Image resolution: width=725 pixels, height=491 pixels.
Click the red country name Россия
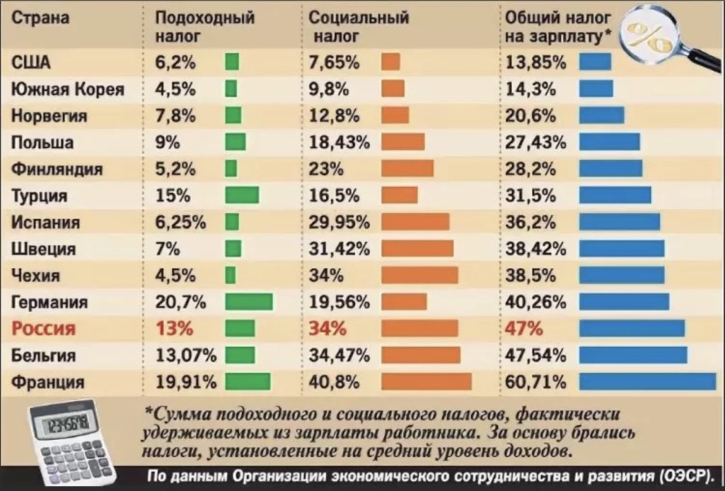[x=44, y=329]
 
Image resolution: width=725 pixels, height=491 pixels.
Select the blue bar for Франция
[x=647, y=381]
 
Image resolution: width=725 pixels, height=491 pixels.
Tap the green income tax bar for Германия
[x=249, y=301]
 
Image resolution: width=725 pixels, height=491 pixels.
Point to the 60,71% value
[x=535, y=382]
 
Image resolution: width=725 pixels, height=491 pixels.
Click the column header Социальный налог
[x=358, y=26]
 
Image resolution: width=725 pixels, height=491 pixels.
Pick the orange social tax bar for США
[x=390, y=62]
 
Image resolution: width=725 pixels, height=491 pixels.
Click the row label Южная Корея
[x=67, y=90]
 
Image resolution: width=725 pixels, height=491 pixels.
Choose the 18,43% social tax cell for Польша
[x=339, y=142]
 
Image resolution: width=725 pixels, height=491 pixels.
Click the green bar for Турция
[x=242, y=196]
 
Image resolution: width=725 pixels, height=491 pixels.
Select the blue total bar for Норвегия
[x=601, y=116]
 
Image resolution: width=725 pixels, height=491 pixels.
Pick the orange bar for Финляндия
[x=407, y=169]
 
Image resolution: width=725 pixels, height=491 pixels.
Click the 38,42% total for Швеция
[x=535, y=249]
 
